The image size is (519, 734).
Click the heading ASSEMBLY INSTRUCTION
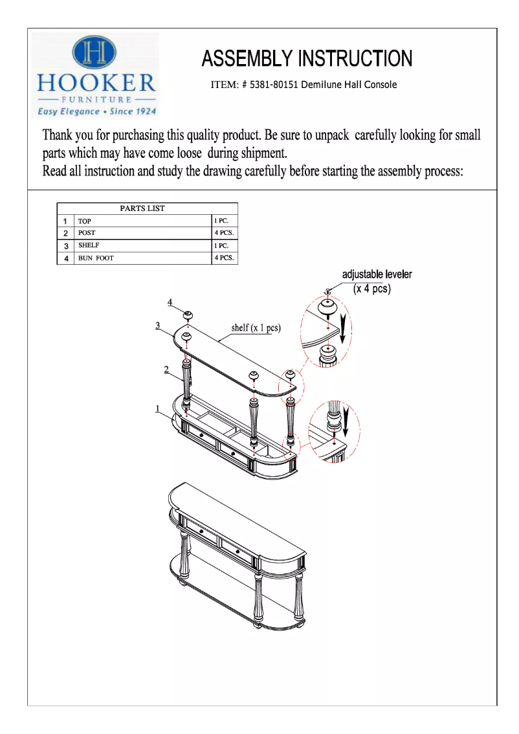click(306, 59)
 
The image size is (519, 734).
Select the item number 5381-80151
click(272, 85)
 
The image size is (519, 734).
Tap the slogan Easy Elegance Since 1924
click(96, 111)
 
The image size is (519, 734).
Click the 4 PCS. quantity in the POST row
click(224, 232)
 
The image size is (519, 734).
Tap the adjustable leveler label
click(377, 274)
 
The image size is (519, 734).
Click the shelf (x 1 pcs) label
click(256, 328)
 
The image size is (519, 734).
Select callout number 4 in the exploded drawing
click(170, 302)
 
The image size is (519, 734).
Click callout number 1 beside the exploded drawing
click(157, 408)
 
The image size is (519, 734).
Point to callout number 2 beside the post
click(166, 369)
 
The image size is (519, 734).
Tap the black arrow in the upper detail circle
click(345, 326)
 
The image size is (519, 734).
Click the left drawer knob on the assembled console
click(201, 531)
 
